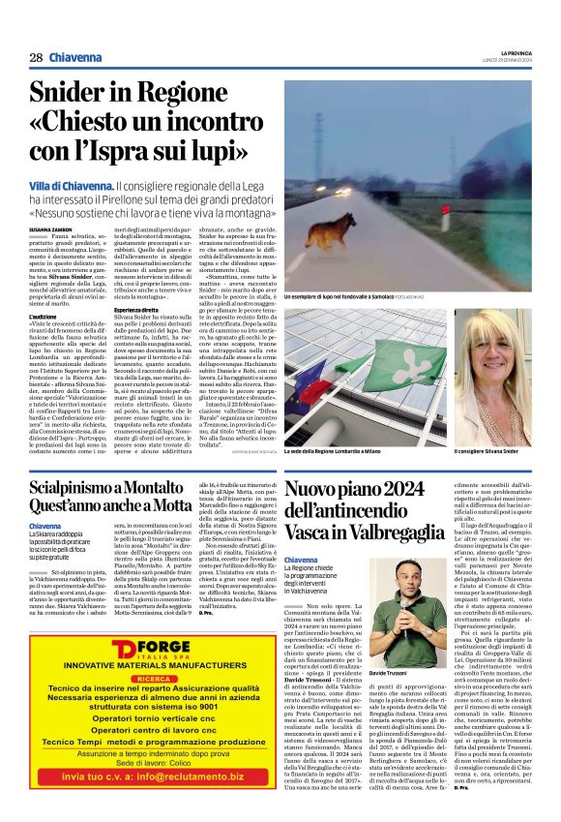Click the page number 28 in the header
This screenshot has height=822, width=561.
pos(36,59)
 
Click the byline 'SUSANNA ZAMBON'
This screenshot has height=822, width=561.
pos(54,228)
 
